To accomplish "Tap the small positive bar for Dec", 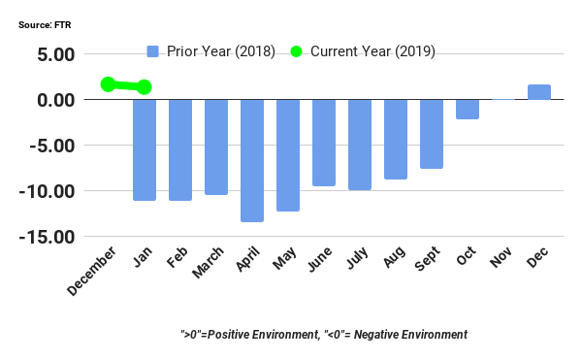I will point(539,92).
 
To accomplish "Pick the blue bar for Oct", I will point(468,109).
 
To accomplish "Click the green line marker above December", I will point(108,84).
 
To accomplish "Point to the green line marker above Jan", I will point(145,87).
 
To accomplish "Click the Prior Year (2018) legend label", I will point(221,51).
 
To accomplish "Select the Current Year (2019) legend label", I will point(372,51).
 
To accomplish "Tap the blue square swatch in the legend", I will point(153,51).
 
